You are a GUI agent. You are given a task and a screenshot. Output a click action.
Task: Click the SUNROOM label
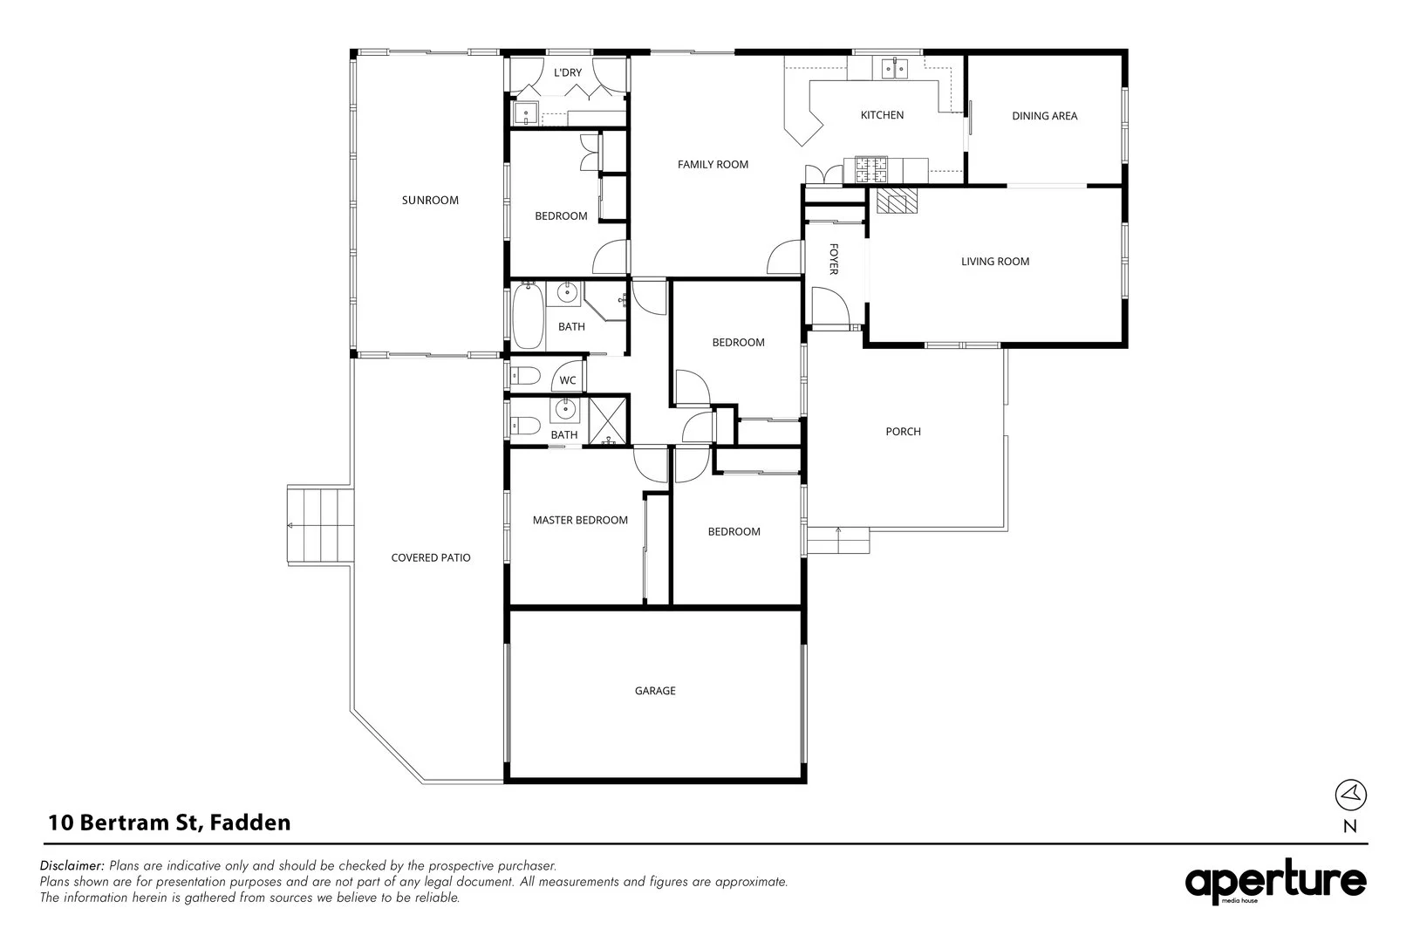click(430, 201)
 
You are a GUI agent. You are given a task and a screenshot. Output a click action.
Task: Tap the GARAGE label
click(655, 691)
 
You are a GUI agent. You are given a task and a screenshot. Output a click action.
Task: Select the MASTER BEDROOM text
click(580, 521)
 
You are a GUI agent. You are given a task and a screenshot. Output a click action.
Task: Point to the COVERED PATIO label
click(431, 557)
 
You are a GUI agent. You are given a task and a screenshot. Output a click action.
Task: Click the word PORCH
click(904, 432)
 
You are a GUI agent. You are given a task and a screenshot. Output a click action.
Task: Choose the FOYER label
click(833, 259)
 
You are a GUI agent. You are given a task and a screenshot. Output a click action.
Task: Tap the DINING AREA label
click(1045, 116)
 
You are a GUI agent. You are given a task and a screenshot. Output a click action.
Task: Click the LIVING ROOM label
click(995, 261)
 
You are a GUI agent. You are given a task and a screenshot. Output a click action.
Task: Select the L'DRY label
click(568, 72)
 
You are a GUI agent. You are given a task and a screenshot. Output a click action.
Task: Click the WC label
click(568, 380)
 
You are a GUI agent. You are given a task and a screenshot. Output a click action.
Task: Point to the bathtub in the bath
click(528, 316)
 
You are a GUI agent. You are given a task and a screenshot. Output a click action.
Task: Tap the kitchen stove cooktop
click(870, 170)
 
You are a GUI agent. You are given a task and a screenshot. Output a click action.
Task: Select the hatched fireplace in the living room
click(895, 201)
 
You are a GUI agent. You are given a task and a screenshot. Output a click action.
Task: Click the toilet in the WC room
click(525, 377)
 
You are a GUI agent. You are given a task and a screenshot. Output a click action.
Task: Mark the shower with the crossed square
click(607, 420)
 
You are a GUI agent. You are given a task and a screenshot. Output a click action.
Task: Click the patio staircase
click(320, 524)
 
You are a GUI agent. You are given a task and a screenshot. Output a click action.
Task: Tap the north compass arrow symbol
click(1350, 795)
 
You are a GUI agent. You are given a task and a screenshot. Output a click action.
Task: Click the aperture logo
click(1276, 882)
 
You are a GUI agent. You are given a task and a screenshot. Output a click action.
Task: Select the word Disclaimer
click(72, 865)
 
